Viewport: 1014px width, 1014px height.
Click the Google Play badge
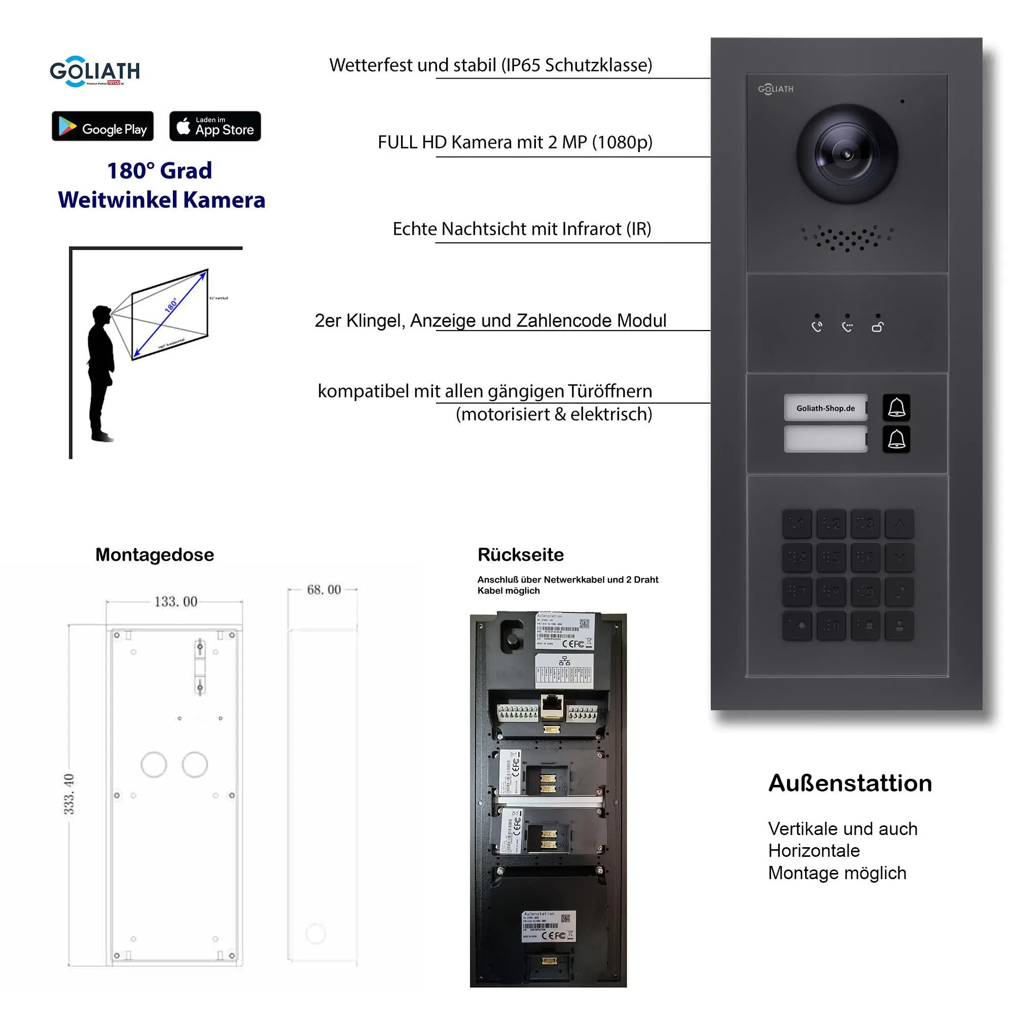pyautogui.click(x=102, y=126)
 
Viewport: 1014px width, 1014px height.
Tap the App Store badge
pyautogui.click(x=214, y=126)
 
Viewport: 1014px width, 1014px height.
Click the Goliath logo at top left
pyautogui.click(x=94, y=71)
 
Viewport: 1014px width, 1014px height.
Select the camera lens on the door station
pyautogui.click(x=846, y=154)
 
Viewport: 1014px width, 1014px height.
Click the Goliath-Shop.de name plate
pyautogui.click(x=825, y=408)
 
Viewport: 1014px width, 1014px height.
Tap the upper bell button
pyautogui.click(x=896, y=408)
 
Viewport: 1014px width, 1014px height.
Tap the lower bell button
pyautogui.click(x=896, y=439)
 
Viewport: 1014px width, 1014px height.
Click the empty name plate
pyautogui.click(x=825, y=439)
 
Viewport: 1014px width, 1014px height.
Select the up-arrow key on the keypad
pyautogui.click(x=899, y=523)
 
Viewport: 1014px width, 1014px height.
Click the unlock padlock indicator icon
pyautogui.click(x=878, y=327)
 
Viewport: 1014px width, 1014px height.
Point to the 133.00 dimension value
pyautogui.click(x=176, y=601)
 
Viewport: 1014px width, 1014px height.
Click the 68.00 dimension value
pyautogui.click(x=324, y=590)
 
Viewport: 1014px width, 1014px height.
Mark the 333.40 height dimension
pyautogui.click(x=69, y=793)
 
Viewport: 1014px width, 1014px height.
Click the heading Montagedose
pyautogui.click(x=155, y=555)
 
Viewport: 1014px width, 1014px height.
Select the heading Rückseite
pyautogui.click(x=521, y=555)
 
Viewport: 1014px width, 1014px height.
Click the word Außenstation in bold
pyautogui.click(x=850, y=783)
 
